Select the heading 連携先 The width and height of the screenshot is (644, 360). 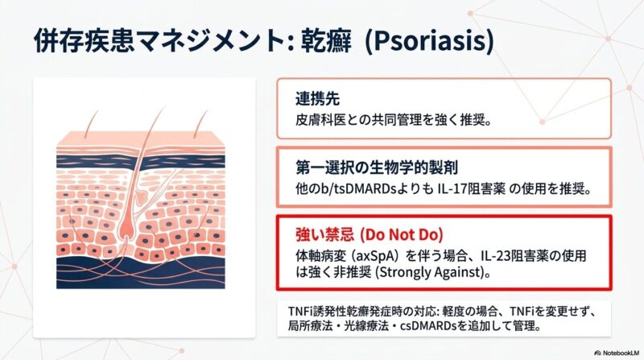click(x=317, y=98)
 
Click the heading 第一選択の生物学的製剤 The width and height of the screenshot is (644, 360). click(x=377, y=168)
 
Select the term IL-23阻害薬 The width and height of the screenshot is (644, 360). click(x=514, y=255)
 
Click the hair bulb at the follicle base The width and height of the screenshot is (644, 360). click(x=126, y=232)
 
